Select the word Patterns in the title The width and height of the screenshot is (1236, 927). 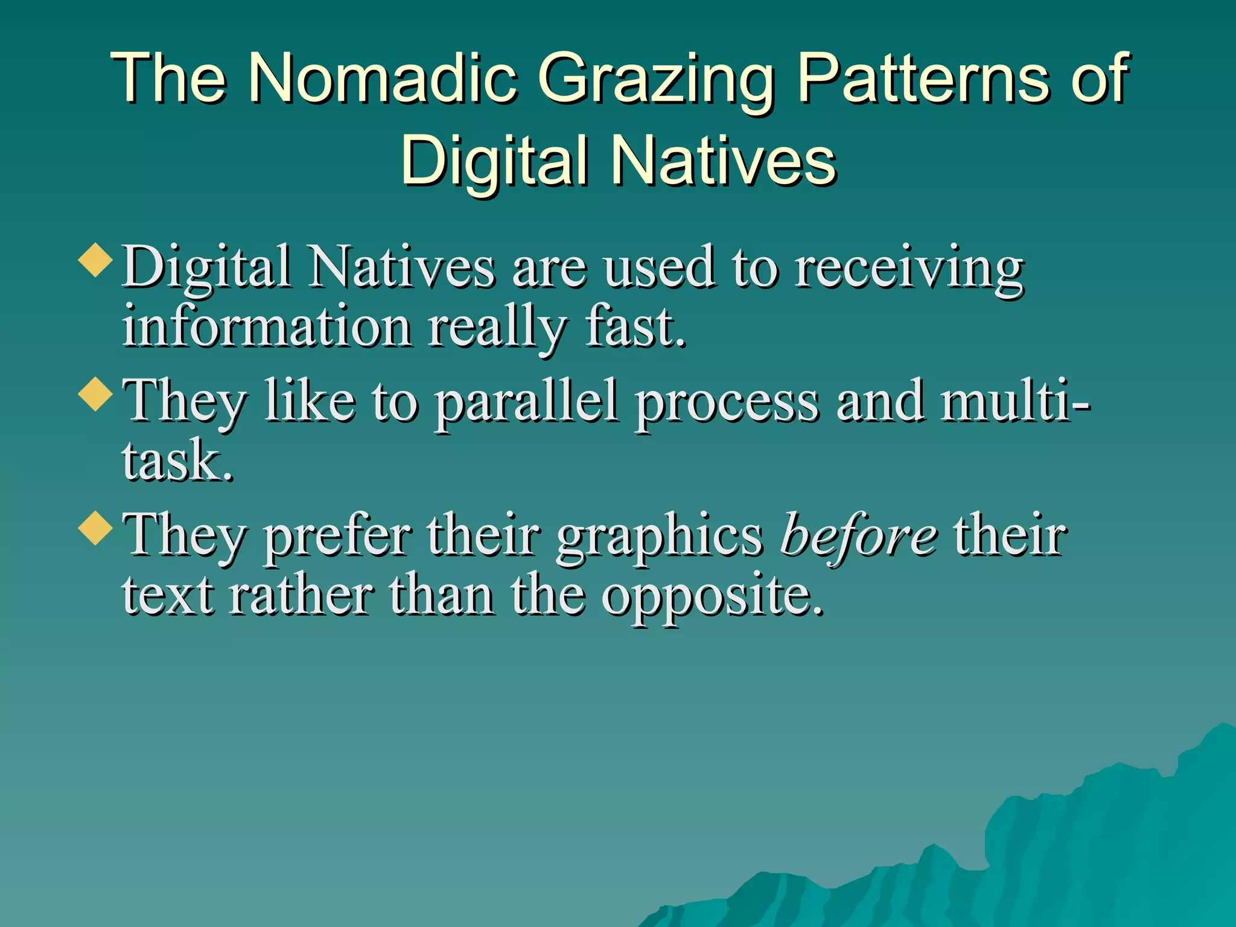click(x=923, y=78)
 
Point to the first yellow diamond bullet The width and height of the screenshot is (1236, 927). click(x=96, y=260)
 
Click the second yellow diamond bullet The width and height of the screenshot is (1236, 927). click(x=96, y=394)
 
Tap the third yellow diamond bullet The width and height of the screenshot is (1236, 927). click(x=96, y=528)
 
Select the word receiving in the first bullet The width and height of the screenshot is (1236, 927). click(x=909, y=269)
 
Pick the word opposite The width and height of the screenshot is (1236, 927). click(x=712, y=597)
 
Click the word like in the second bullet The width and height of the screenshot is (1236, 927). click(x=310, y=401)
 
